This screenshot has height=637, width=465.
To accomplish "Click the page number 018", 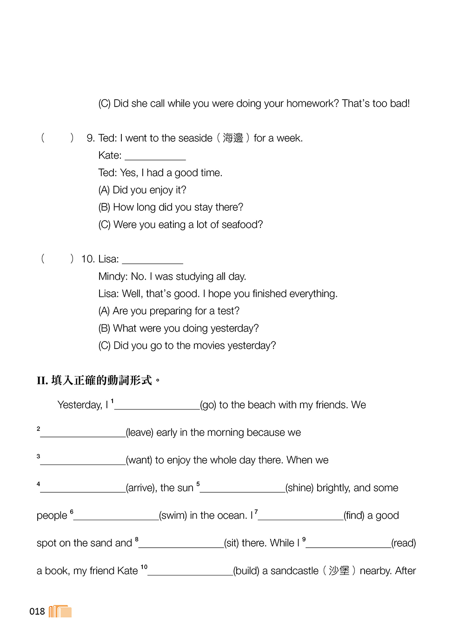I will [37, 611].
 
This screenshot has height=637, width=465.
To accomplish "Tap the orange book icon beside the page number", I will [60, 611].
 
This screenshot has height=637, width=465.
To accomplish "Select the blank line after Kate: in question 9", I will [155, 157].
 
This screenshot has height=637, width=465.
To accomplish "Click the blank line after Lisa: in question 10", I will [153, 261].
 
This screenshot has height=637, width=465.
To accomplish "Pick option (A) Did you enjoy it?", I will [142, 190].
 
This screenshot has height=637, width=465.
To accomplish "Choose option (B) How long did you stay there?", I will [171, 207].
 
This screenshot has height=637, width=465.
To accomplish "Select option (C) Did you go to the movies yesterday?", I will [187, 346].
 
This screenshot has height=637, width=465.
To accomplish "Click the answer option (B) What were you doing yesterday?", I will [179, 329].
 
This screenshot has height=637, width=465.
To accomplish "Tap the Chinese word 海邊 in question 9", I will [233, 138].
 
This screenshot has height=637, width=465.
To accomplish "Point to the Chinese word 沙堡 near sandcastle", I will [339, 571].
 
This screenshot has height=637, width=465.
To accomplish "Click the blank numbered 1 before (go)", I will [157, 406].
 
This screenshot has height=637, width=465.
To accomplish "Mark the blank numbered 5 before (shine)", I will [242, 489].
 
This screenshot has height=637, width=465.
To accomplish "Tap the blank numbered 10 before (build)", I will [190, 572].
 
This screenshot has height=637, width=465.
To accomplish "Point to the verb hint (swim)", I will [173, 516].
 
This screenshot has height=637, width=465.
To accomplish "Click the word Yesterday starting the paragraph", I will [80, 405].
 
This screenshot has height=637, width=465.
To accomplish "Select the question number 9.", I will [90, 138].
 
